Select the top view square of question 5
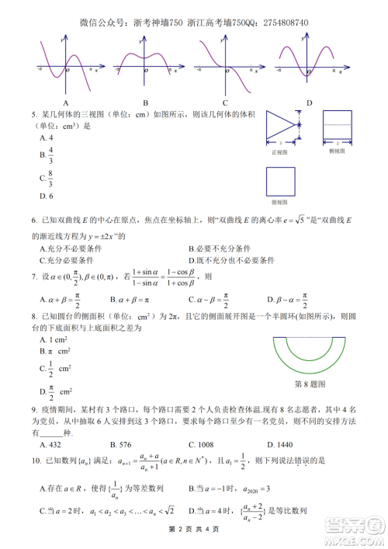point(280,183)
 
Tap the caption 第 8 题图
point(310,384)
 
